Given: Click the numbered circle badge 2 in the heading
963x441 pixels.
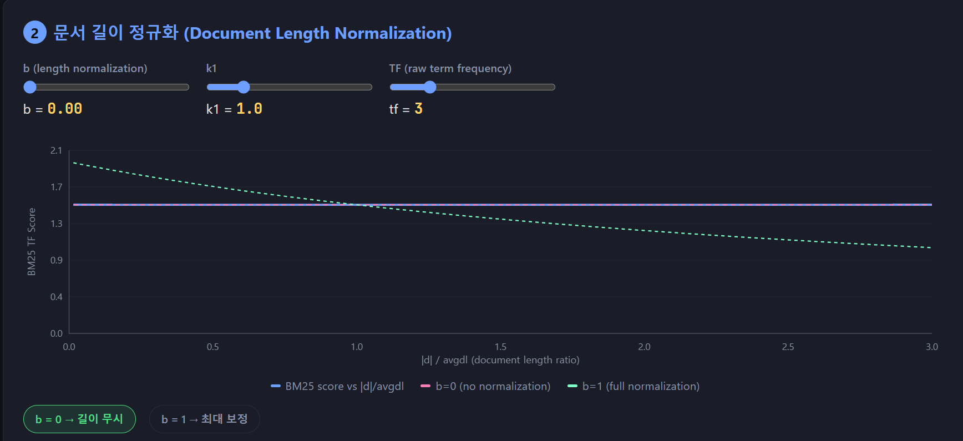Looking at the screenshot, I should (34, 33).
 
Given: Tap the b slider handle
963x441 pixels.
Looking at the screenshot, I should (30, 87).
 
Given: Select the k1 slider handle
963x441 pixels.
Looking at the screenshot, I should (244, 87).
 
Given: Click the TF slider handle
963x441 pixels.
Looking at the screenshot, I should (430, 87).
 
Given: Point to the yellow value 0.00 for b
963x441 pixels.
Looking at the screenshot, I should (65, 109).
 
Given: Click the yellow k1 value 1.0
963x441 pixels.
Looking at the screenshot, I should (249, 109).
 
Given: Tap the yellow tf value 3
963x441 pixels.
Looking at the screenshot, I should (418, 109).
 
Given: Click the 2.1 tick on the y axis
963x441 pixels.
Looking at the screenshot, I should (57, 150).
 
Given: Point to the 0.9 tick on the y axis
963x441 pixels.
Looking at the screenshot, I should (57, 260).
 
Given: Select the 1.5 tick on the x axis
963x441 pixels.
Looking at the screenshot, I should (500, 347).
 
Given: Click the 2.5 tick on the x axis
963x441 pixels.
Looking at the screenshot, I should (788, 347).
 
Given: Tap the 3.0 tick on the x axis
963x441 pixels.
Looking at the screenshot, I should (931, 347).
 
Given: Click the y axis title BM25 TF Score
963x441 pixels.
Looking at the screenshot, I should (32, 242).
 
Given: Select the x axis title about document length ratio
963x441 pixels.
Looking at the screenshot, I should (500, 360).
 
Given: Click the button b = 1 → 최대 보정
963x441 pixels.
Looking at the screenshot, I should (204, 419).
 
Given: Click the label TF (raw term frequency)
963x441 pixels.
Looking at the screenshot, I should (450, 68).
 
